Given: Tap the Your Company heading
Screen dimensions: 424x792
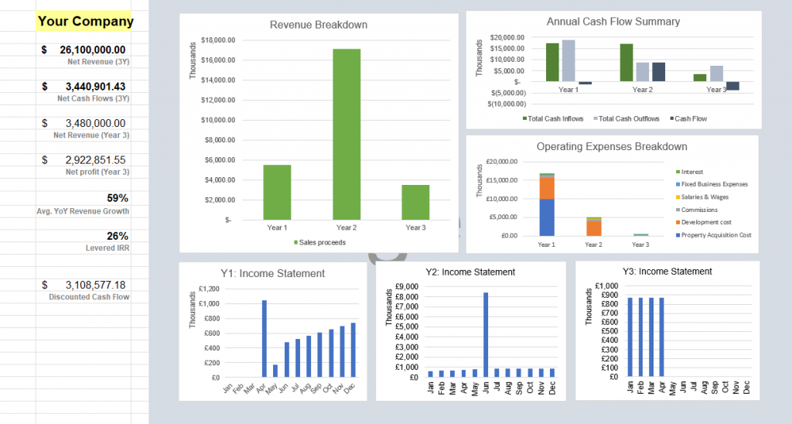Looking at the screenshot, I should pos(85,22).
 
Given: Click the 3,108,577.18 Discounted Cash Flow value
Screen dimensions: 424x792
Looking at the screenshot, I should pos(95,285).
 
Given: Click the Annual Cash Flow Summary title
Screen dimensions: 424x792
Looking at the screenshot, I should pos(613,21).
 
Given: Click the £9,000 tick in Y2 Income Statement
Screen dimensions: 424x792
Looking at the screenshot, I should pos(407,287).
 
